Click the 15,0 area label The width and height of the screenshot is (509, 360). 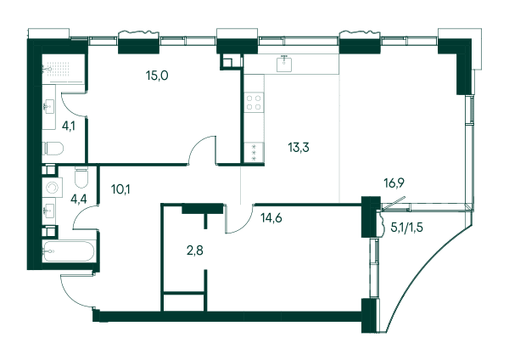pyautogui.click(x=157, y=76)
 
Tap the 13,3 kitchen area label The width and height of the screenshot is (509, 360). pyautogui.click(x=299, y=148)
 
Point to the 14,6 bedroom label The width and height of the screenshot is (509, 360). pyautogui.click(x=271, y=218)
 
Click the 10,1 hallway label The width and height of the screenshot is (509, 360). pyautogui.click(x=120, y=188)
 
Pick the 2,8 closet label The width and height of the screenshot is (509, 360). pyautogui.click(x=195, y=250)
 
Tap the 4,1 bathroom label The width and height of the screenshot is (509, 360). pyautogui.click(x=69, y=126)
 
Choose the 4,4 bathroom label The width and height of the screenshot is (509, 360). pyautogui.click(x=79, y=199)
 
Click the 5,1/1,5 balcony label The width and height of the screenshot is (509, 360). pyautogui.click(x=406, y=228)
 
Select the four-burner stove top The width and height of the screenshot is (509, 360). pyautogui.click(x=254, y=103)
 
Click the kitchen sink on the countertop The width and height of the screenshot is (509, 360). pyautogui.click(x=284, y=63)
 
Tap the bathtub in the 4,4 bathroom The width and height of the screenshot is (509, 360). pyautogui.click(x=69, y=251)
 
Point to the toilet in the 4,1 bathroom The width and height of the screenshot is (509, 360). pyautogui.click(x=53, y=148)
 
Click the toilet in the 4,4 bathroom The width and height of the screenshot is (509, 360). pyautogui.click(x=81, y=177)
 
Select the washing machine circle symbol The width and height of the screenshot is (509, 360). pyautogui.click(x=52, y=188)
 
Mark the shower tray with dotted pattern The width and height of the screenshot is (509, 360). pyautogui.click(x=64, y=68)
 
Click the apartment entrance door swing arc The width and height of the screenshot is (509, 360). pyautogui.click(x=73, y=294)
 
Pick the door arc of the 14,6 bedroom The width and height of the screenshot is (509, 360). pyautogui.click(x=242, y=224)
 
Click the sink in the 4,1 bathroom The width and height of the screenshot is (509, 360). pyautogui.click(x=48, y=106)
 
